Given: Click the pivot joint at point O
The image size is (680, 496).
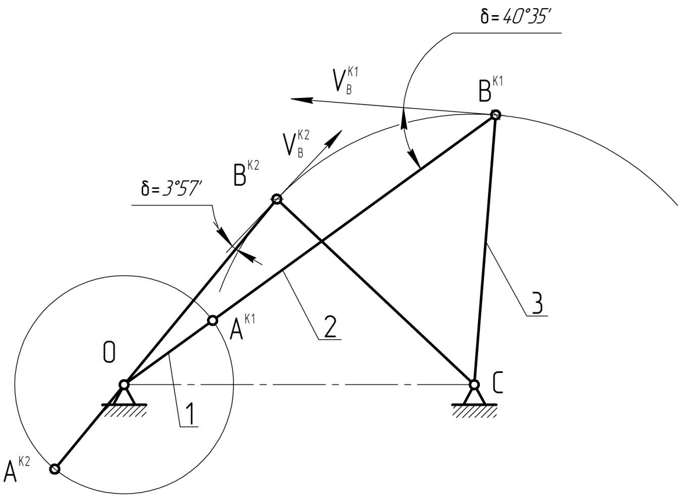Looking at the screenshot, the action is pos(124,385).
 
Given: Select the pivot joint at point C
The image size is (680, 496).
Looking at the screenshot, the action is pos(474,385).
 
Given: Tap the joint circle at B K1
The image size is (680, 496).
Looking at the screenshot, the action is pos(496,115).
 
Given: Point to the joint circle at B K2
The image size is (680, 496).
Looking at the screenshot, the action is pos(276,199).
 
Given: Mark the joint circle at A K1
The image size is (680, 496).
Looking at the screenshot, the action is pos(213,320).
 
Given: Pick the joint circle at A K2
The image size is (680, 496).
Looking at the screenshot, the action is pos(55,469).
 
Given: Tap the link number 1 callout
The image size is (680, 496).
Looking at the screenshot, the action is pos(188,415).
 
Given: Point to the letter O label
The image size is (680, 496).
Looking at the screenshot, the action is pos(109,352).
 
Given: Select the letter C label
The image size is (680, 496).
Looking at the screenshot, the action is pos(497,384).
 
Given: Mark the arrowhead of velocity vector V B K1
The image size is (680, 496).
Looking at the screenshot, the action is pos(296,100).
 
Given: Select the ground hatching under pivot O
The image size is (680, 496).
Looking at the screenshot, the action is pos(124,411).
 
